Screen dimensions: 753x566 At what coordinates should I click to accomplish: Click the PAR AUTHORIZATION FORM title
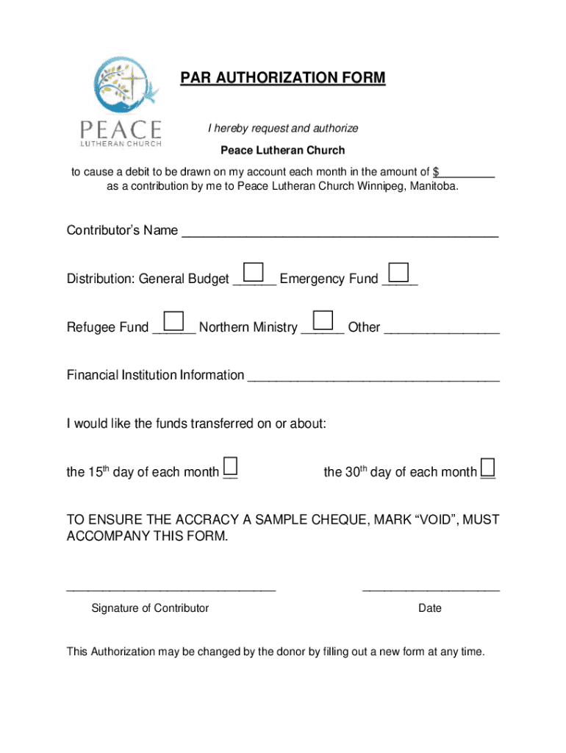283,78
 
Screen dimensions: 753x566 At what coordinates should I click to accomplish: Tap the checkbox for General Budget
254,272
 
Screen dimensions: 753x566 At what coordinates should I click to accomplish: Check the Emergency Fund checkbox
398,272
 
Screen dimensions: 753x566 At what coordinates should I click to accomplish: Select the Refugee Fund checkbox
174,321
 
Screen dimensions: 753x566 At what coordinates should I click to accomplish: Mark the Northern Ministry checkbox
323,321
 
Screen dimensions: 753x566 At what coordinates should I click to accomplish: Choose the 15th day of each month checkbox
230,466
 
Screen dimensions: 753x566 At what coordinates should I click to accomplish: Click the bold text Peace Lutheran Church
283,151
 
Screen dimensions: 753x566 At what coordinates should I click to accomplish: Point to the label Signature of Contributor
150,608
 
